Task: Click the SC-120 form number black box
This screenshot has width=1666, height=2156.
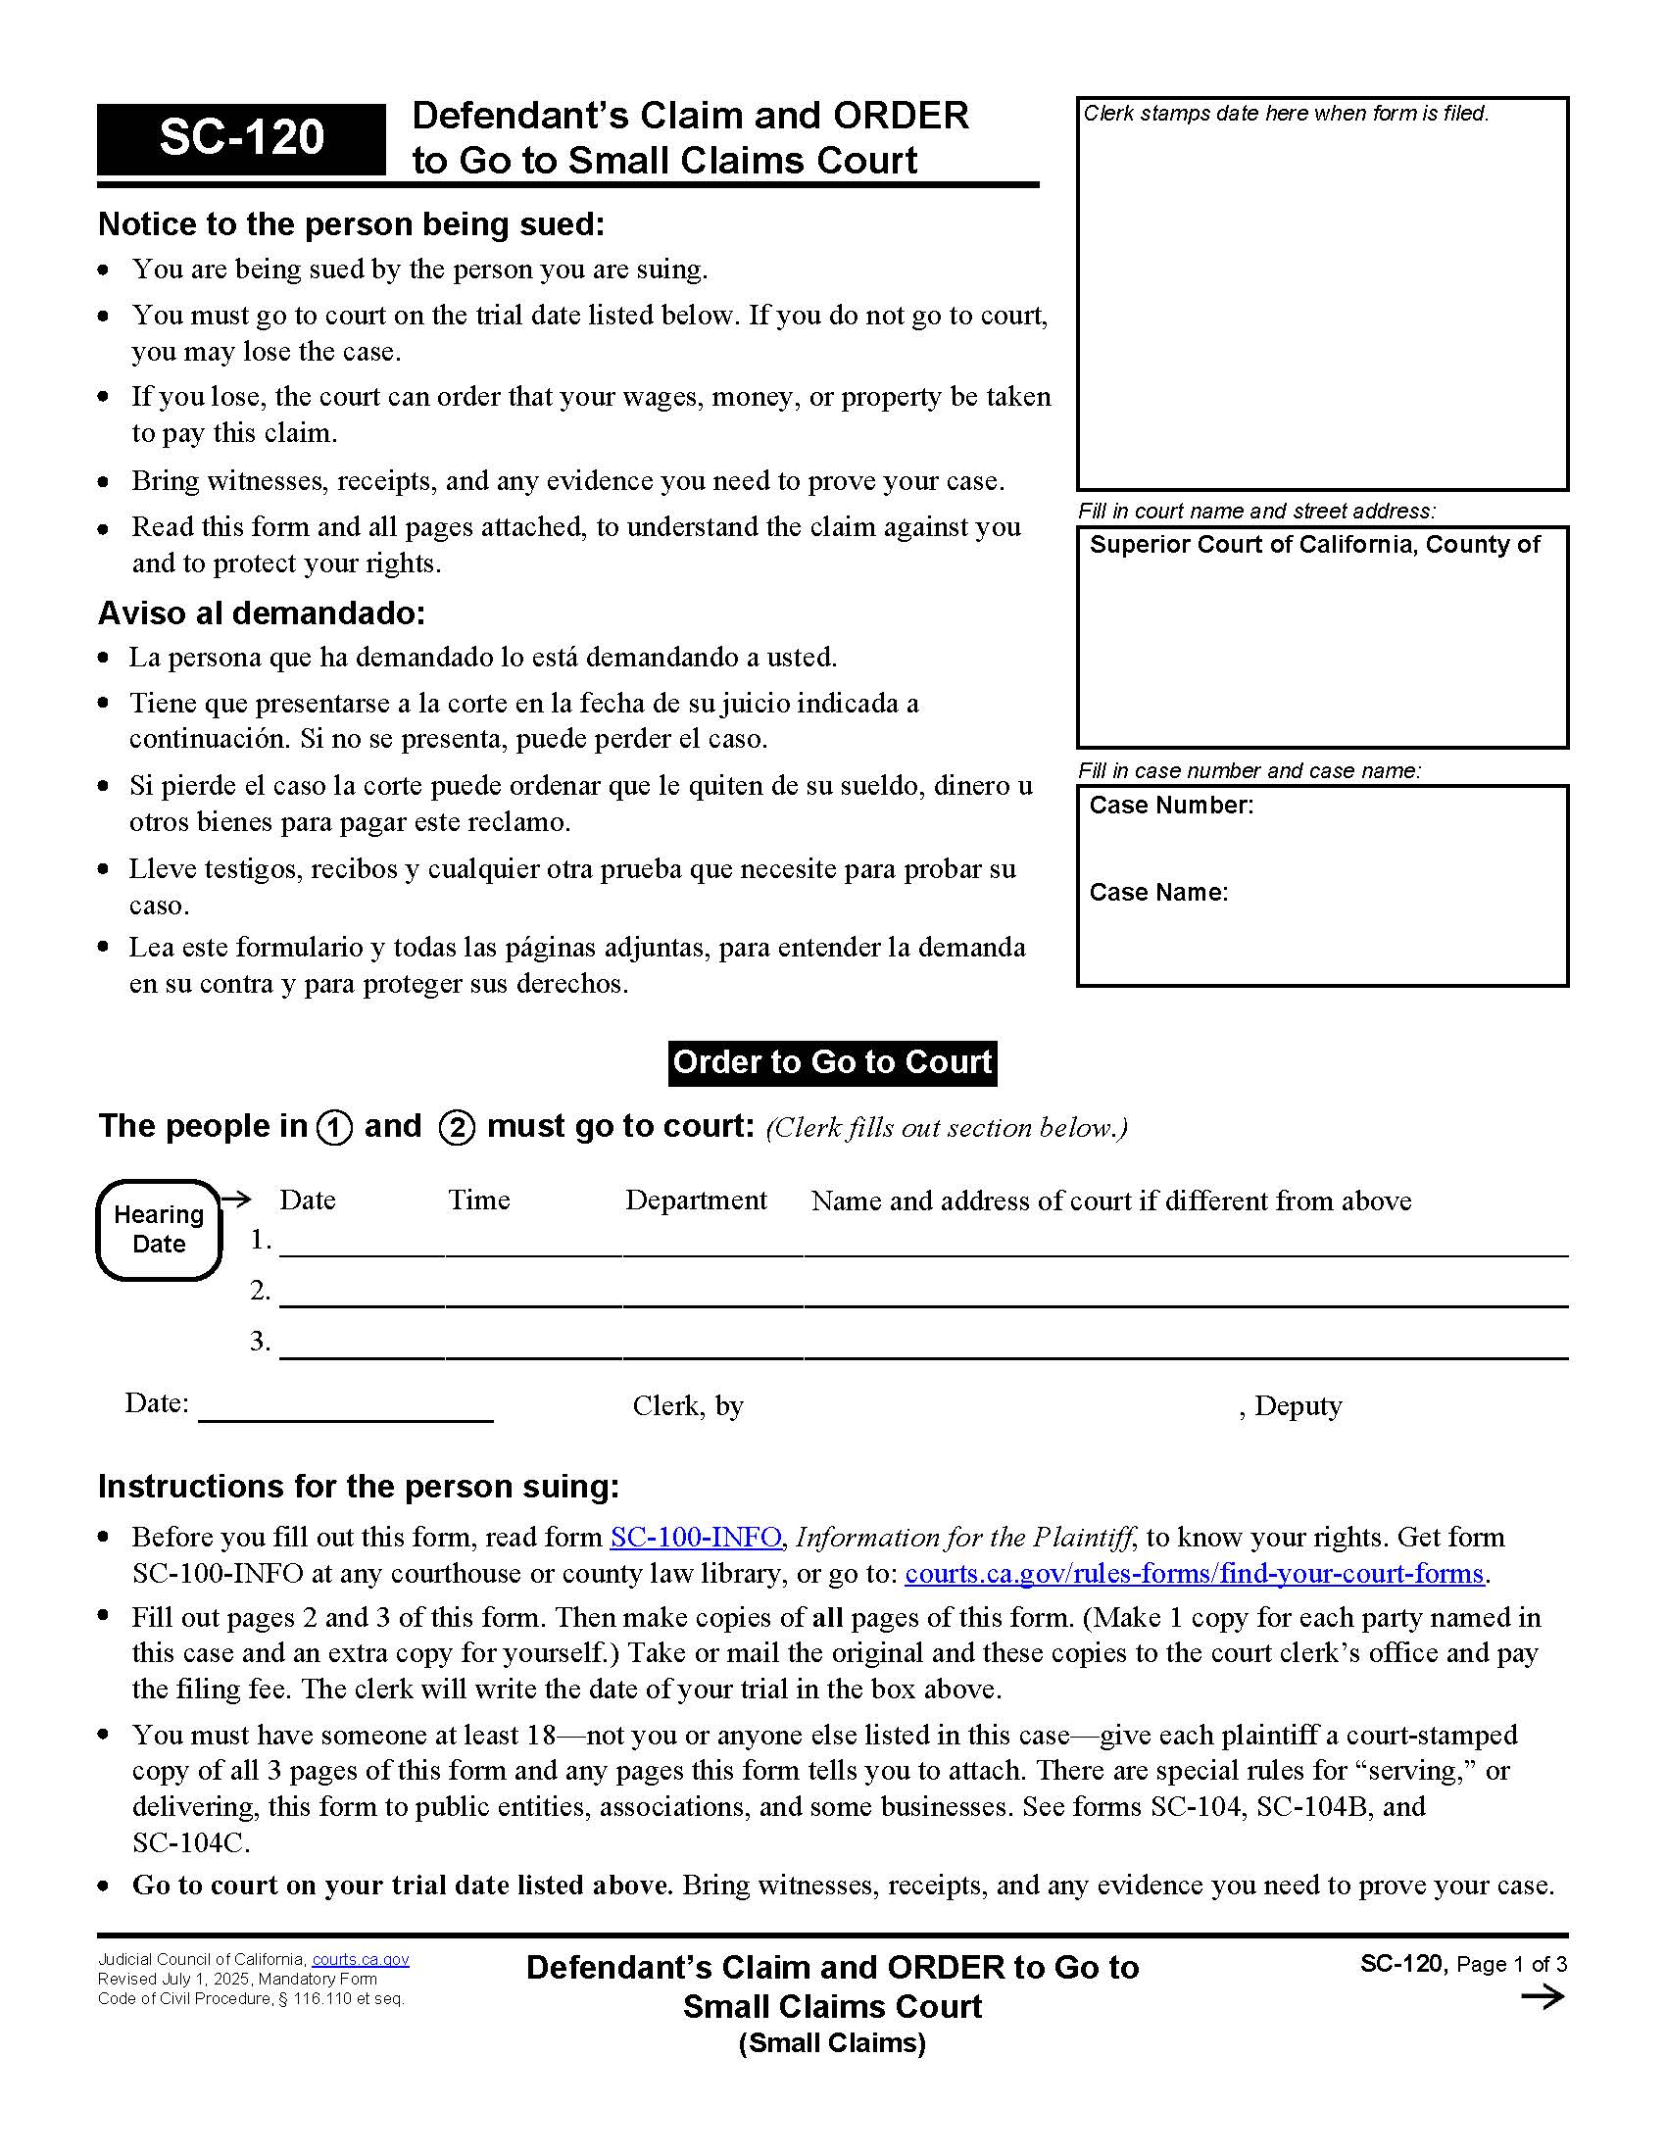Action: click(x=241, y=138)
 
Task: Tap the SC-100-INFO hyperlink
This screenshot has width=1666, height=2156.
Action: click(x=696, y=1537)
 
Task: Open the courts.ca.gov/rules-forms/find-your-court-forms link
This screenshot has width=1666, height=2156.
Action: click(x=1195, y=1573)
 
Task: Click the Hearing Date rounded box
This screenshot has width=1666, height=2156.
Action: click(x=158, y=1229)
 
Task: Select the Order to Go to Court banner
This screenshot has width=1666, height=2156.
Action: click(x=832, y=1062)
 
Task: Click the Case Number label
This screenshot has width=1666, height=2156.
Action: click(x=1171, y=806)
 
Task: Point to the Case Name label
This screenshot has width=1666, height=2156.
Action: click(x=1158, y=893)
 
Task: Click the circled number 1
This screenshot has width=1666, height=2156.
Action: click(x=334, y=1127)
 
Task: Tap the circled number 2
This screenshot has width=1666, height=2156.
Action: click(x=456, y=1127)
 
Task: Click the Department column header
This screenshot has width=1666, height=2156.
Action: click(x=696, y=1200)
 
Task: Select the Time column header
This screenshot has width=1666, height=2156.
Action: click(x=478, y=1200)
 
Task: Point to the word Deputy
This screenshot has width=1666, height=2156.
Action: click(x=1298, y=1405)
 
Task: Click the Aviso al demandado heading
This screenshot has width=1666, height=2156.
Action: click(x=262, y=613)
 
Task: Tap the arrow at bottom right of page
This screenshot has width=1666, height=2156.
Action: click(x=1543, y=1998)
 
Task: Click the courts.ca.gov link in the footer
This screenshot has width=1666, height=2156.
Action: click(x=361, y=1960)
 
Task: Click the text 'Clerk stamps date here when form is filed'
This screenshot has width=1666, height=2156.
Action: click(x=1285, y=114)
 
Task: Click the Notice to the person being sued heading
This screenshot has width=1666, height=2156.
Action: click(x=351, y=224)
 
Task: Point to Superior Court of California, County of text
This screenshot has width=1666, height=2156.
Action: click(x=1313, y=545)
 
